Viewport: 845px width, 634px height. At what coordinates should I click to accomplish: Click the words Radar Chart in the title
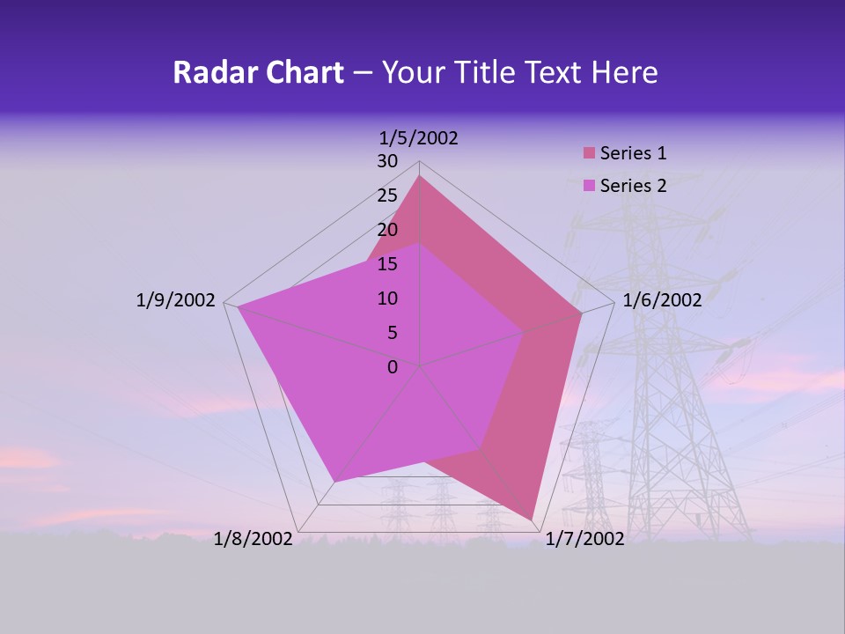[x=258, y=72]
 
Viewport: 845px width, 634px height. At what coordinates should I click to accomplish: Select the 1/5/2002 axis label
[x=418, y=137]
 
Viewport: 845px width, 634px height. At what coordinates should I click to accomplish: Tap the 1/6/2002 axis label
[x=662, y=300]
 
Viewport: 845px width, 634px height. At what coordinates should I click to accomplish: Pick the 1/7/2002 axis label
[x=584, y=539]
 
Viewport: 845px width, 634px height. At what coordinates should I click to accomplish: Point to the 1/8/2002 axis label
[x=253, y=539]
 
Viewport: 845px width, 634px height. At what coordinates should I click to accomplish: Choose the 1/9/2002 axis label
[x=176, y=300]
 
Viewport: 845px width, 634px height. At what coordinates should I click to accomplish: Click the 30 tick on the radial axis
[x=387, y=161]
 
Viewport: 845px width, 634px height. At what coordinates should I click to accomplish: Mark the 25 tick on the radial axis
[x=387, y=195]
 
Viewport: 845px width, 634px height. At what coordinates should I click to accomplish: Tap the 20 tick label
[x=387, y=230]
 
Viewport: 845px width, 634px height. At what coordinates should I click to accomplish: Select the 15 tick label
[x=387, y=264]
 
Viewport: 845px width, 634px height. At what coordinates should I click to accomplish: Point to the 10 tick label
[x=387, y=299]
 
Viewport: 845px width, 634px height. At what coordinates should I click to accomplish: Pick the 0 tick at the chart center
[x=393, y=367]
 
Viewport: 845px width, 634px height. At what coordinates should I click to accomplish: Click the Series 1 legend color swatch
[x=590, y=153]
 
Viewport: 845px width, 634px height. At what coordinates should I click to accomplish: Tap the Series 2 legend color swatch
[x=590, y=186]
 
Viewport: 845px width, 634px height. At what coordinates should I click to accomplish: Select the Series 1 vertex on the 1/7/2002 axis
[x=533, y=520]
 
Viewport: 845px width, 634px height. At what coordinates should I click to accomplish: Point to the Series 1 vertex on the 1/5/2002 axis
[x=420, y=176]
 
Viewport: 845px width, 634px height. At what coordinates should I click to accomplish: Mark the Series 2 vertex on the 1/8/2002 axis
[x=334, y=482]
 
